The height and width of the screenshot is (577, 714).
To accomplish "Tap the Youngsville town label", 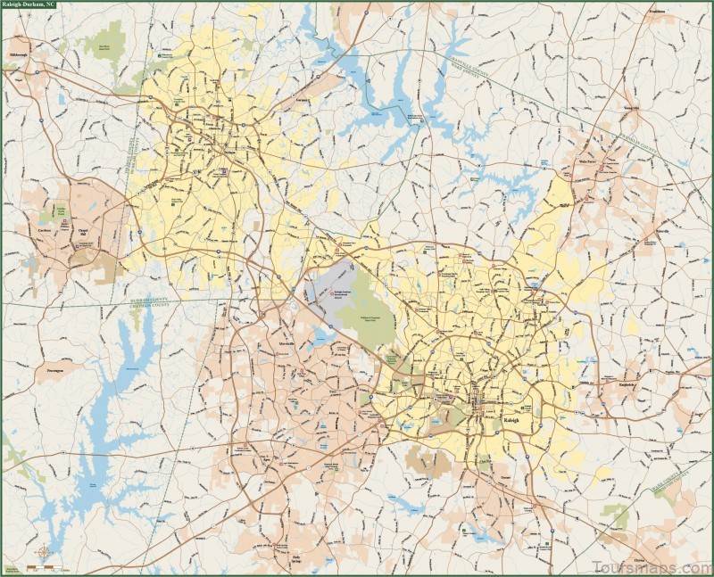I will click(632, 108).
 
